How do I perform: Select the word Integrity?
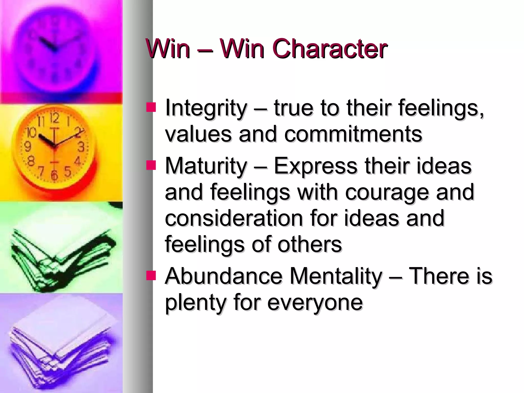206,108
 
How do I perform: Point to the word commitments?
353,134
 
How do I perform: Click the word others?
310,245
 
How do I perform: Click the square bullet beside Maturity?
151,166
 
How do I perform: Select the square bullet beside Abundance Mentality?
151,276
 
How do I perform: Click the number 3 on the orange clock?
81,147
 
